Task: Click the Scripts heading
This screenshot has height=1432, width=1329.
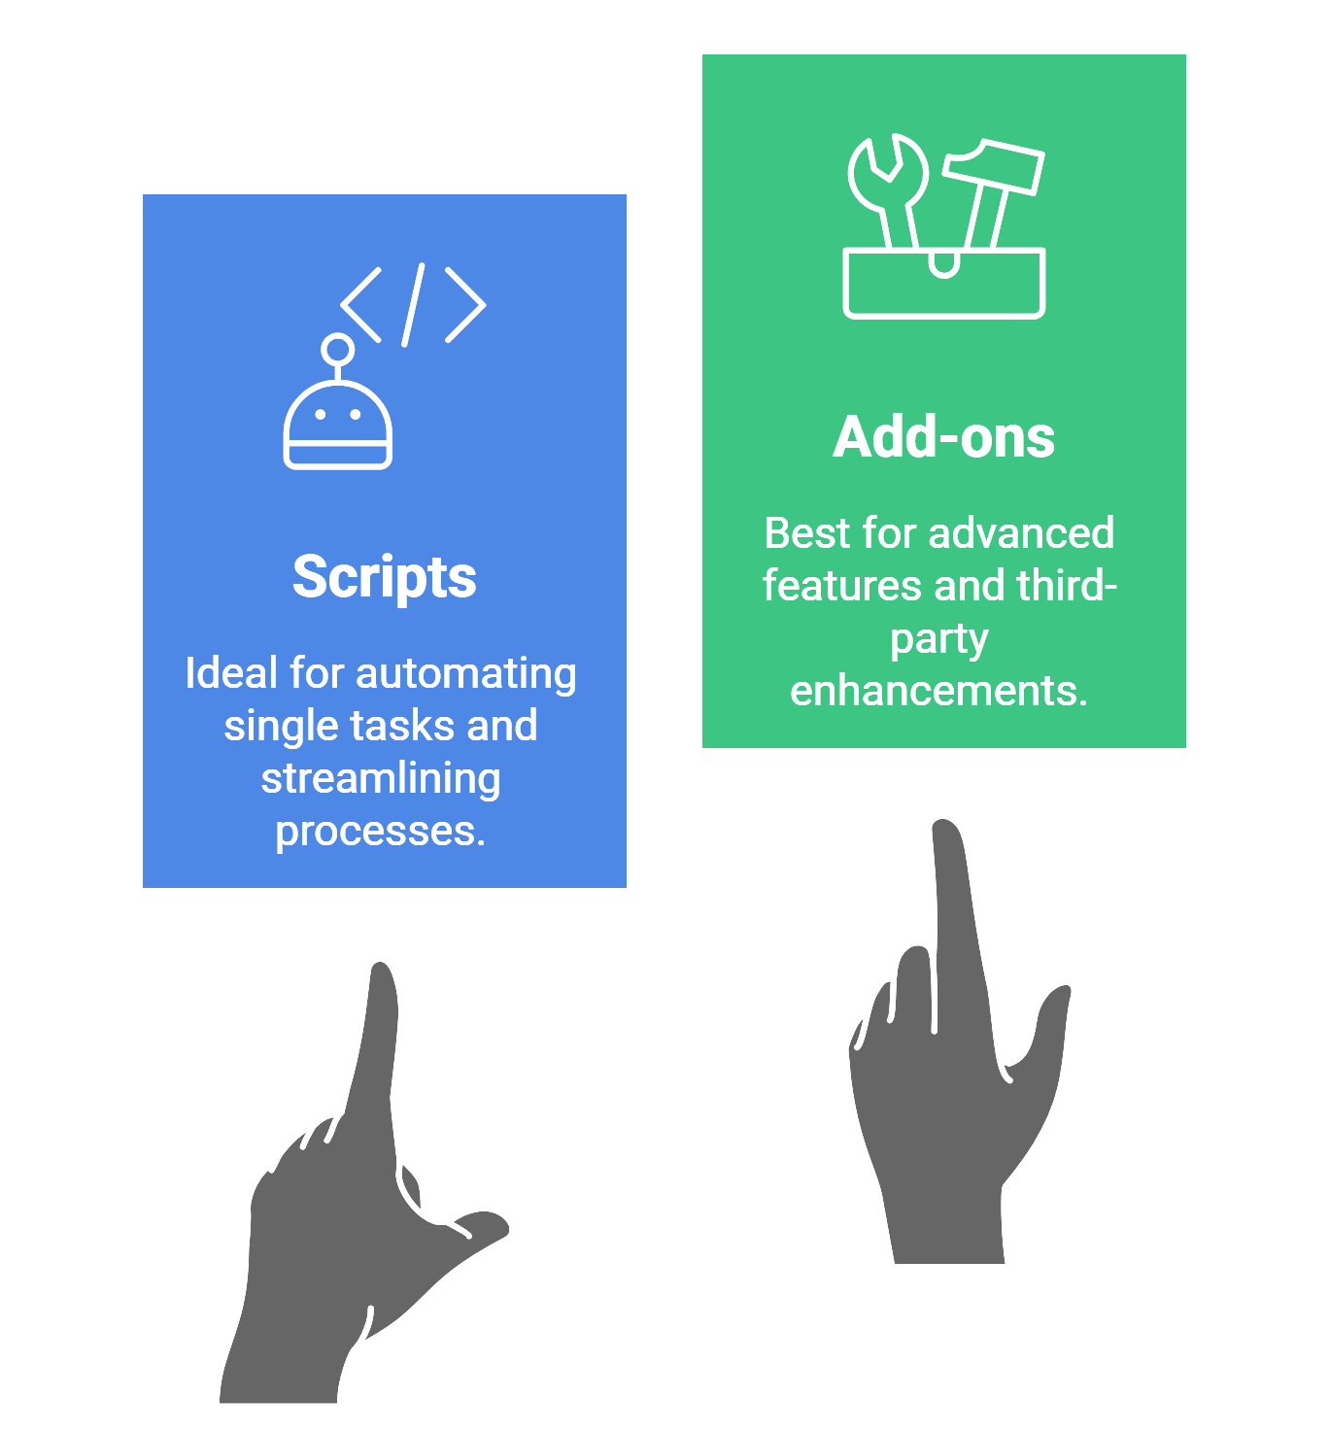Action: pyautogui.click(x=385, y=578)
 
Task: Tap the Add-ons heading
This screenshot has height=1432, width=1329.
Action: pyautogui.click(x=943, y=438)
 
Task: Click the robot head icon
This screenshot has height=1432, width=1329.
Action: pyautogui.click(x=337, y=426)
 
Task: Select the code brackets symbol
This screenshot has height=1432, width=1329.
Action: pyautogui.click(x=413, y=305)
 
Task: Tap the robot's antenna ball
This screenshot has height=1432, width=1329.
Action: pyautogui.click(x=337, y=349)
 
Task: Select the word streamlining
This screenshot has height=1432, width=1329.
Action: pyautogui.click(x=381, y=779)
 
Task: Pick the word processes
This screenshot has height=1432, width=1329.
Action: pyautogui.click(x=380, y=832)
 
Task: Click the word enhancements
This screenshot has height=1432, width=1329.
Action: pyautogui.click(x=938, y=691)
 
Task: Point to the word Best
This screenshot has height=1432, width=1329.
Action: pyautogui.click(x=806, y=533)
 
